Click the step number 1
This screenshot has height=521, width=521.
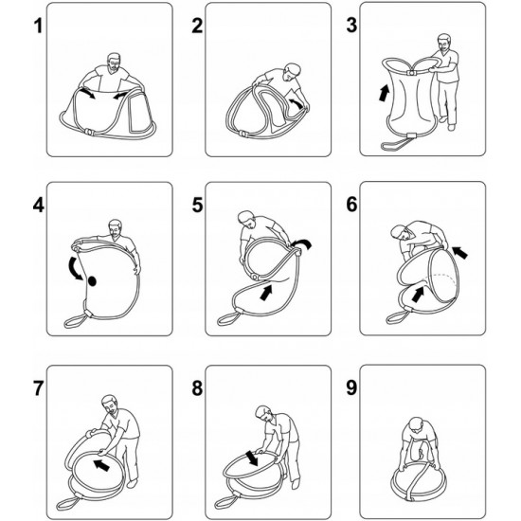pyautogui.click(x=39, y=26)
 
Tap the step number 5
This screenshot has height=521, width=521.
pyautogui.click(x=197, y=205)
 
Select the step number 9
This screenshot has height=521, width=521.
pyautogui.click(x=351, y=387)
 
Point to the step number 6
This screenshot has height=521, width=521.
pyautogui.click(x=351, y=204)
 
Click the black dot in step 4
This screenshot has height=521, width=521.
pyautogui.click(x=92, y=281)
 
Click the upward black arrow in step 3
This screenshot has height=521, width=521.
pyautogui.click(x=384, y=93)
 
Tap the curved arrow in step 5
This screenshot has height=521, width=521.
pyautogui.click(x=301, y=244)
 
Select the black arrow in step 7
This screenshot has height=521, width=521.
pyautogui.click(x=101, y=465)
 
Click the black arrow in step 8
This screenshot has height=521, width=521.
pyautogui.click(x=252, y=458)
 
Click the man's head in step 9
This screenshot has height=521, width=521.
pyautogui.click(x=417, y=426)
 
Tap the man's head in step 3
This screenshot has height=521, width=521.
pyautogui.click(x=444, y=43)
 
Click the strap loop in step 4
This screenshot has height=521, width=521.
pyautogui.click(x=75, y=321)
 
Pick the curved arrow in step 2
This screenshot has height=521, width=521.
pyautogui.click(x=297, y=102)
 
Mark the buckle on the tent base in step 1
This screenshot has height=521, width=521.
pyautogui.click(x=89, y=132)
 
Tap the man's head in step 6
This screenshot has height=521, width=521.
pyautogui.click(x=400, y=233)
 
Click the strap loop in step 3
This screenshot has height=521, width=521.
pyautogui.click(x=395, y=144)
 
